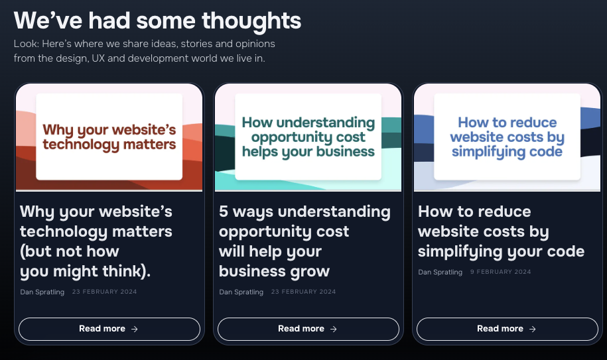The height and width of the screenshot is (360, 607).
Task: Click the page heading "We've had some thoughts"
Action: [157, 21]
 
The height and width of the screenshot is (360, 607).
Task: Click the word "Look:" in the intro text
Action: [27, 44]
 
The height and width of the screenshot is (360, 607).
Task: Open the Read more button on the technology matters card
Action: [109, 329]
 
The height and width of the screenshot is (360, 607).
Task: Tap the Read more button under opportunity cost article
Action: [308, 329]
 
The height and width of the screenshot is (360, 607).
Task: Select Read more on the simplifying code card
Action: [507, 329]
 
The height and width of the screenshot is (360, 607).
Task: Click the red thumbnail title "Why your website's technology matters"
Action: [109, 137]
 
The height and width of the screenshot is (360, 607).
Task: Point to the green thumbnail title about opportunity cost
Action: [308, 137]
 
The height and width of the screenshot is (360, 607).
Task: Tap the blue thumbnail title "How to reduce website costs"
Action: [507, 137]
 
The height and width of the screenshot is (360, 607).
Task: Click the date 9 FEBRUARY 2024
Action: [501, 272]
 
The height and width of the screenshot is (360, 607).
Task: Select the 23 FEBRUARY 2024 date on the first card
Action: [105, 292]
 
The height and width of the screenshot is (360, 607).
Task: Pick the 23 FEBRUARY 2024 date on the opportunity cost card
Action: [304, 292]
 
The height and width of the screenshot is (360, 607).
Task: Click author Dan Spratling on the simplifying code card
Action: [440, 272]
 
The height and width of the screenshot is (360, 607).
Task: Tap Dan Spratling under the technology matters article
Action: [42, 292]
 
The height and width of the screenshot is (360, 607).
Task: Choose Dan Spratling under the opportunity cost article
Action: [241, 292]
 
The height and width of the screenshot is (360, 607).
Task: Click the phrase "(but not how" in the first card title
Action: [70, 252]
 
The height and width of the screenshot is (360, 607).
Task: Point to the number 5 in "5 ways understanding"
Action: [224, 211]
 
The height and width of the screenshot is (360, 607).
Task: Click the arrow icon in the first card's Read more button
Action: [134, 329]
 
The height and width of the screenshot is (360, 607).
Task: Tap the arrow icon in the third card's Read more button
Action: [532, 329]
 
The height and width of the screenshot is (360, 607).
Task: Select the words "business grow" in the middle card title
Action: [274, 271]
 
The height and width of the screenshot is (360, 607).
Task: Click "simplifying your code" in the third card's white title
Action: [502, 252]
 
